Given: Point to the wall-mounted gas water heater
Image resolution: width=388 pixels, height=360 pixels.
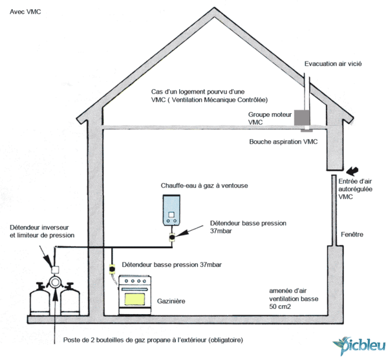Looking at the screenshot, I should click(x=171, y=209).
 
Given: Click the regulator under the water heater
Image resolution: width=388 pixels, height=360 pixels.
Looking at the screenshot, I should click(x=172, y=238).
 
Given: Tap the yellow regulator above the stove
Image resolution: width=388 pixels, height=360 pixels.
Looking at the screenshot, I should click(x=112, y=266).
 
